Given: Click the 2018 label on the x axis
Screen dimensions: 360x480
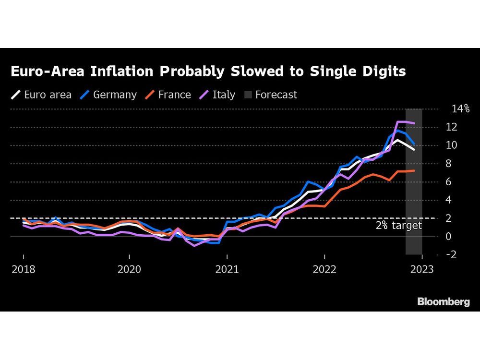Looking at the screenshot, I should click(23, 270).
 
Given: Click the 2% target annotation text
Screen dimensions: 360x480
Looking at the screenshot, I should click(398, 226).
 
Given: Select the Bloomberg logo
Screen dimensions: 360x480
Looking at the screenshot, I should click(443, 301).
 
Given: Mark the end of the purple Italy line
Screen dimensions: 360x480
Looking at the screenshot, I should click(414, 123).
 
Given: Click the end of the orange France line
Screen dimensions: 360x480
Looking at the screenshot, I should click(414, 170).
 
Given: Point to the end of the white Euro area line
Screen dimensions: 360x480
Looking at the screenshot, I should click(414, 149).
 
